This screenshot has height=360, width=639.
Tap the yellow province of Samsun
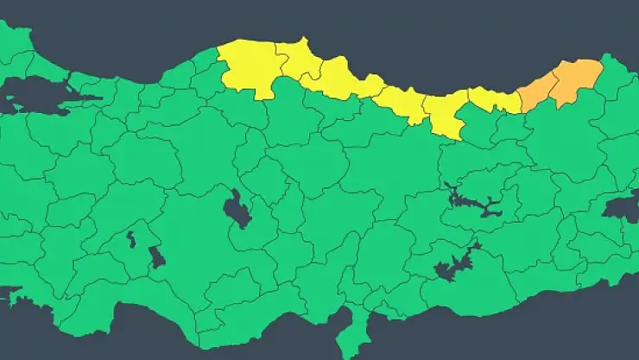345,82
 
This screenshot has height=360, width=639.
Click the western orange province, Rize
538,91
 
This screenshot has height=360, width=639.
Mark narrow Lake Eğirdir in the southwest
130,239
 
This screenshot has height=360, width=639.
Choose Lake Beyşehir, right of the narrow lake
156,257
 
